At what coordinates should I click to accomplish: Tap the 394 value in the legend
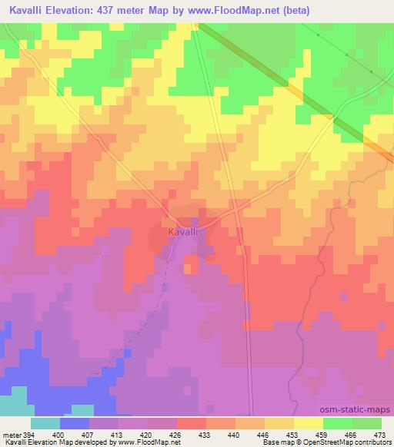[29, 435]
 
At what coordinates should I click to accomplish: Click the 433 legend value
[204, 435]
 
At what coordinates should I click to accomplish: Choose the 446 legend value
[262, 435]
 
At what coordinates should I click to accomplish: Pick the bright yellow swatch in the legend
[307, 423]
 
